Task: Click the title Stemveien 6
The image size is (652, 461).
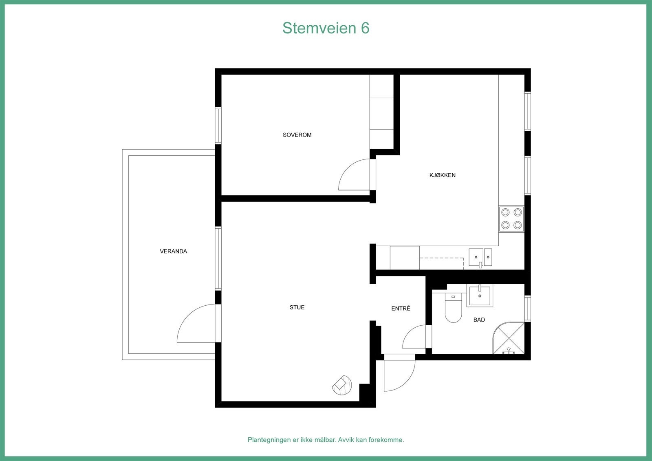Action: [326, 28]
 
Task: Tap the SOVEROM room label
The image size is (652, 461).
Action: [297, 135]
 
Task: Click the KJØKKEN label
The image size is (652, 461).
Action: [442, 175]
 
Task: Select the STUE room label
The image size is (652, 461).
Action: [297, 308]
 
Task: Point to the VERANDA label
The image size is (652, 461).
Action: [173, 251]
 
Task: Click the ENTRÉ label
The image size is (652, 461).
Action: [401, 309]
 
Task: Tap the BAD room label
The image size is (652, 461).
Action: [479, 320]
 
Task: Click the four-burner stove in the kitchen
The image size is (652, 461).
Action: [511, 218]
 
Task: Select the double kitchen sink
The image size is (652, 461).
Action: [480, 257]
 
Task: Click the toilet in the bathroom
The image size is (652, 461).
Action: [453, 309]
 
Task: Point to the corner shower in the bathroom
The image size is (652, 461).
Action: [509, 338]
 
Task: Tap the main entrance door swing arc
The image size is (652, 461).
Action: [398, 373]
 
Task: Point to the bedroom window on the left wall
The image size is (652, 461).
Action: [218, 125]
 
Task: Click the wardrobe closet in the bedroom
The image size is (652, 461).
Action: [381, 112]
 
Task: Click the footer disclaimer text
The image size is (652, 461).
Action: [326, 440]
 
